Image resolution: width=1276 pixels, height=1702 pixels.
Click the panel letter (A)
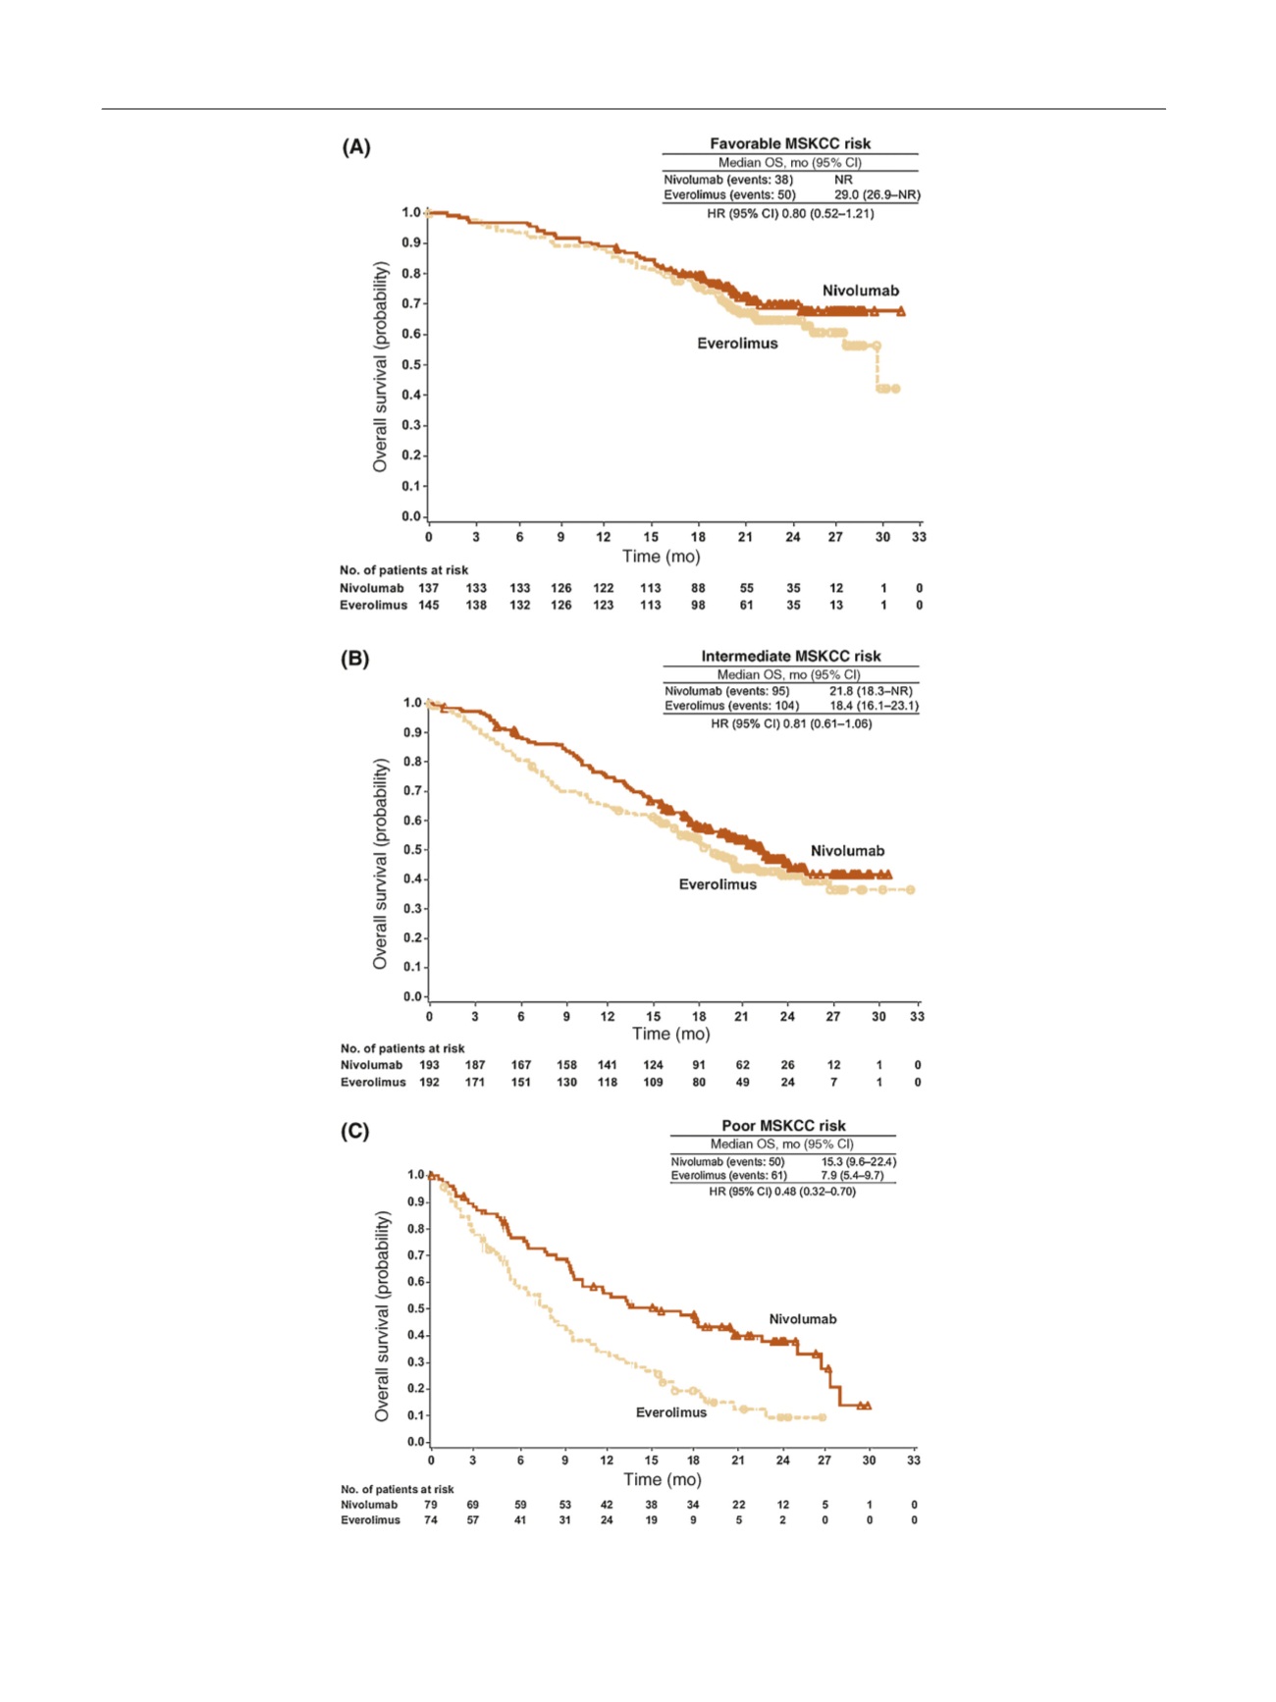tap(356, 147)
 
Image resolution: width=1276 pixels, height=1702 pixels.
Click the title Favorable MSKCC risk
tap(790, 143)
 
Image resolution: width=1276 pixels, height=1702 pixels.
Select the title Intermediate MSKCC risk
tap(790, 656)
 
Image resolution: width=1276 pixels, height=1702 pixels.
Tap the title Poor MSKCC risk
tap(783, 1126)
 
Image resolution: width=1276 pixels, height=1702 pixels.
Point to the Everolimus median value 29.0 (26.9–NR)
tap(877, 194)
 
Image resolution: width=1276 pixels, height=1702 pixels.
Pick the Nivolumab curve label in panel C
tap(802, 1319)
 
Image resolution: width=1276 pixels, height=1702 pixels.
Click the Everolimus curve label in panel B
tap(718, 884)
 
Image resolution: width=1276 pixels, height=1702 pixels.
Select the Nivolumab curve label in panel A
tap(860, 291)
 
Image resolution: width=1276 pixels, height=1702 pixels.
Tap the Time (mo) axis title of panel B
tap(670, 1034)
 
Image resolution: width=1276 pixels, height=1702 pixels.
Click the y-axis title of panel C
tap(382, 1315)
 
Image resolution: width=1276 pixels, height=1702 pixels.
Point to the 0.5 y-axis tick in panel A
tap(411, 364)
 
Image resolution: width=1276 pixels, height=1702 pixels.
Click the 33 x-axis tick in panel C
tap(914, 1461)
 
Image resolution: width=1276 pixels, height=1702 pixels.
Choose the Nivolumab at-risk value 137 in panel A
tap(429, 588)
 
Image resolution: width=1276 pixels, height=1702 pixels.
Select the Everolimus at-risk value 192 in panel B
tap(429, 1082)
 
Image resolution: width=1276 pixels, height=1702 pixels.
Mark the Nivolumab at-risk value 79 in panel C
tap(431, 1505)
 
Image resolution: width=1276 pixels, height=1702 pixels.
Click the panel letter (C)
tap(355, 1131)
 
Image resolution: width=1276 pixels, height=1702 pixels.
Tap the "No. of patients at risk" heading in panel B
tap(402, 1048)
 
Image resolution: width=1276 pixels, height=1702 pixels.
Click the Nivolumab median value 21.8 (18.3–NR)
tap(870, 691)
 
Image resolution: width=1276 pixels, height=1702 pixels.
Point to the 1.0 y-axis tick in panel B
tap(413, 703)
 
